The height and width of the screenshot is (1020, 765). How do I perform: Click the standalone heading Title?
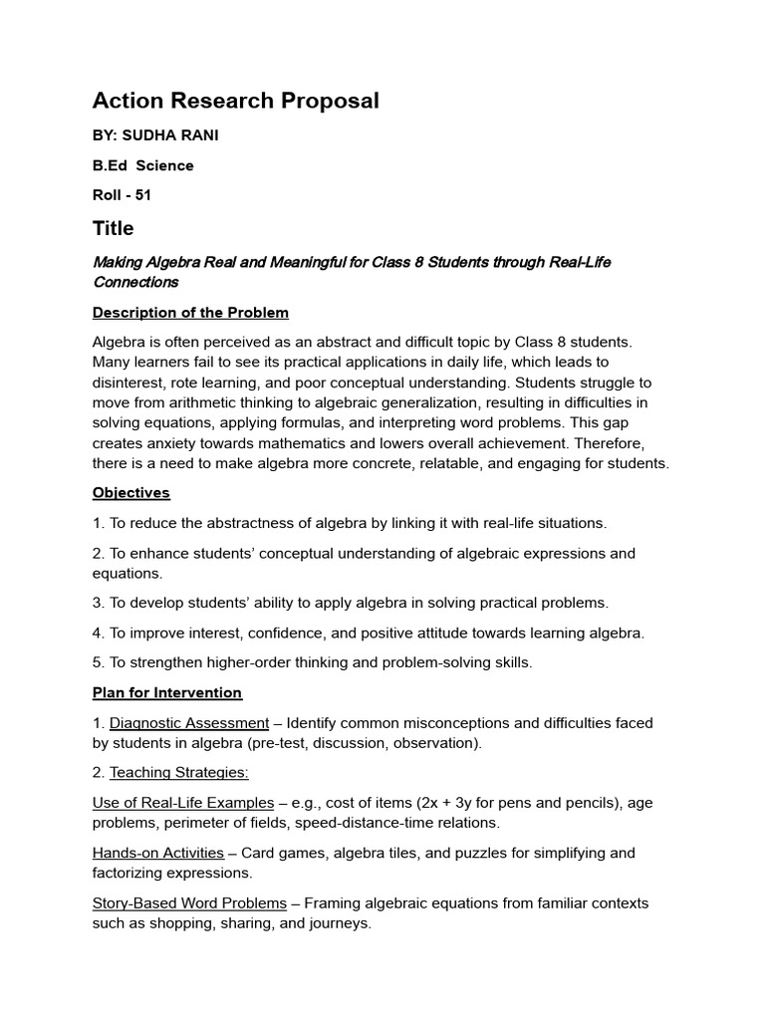(x=113, y=228)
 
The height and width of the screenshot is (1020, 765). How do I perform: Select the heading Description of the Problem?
(x=190, y=313)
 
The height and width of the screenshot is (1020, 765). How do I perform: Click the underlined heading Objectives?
(x=131, y=493)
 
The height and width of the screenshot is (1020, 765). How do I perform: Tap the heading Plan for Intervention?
(x=167, y=692)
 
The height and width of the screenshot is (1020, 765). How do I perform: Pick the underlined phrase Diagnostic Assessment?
(x=189, y=722)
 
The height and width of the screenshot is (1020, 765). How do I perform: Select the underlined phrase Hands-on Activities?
(x=158, y=853)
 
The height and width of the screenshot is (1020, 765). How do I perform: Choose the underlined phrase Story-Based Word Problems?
(x=189, y=903)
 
